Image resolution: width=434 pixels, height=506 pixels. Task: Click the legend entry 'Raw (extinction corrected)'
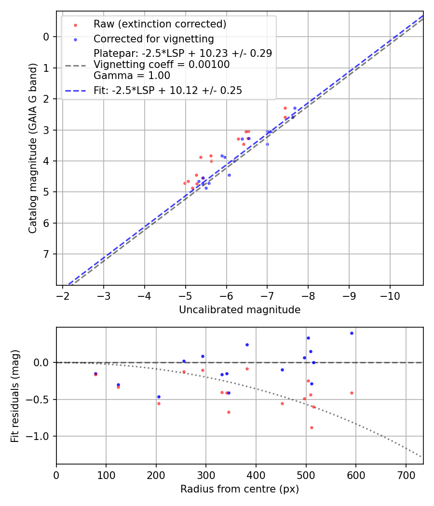click(x=160, y=24)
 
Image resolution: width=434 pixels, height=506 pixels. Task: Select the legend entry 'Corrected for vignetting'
click(x=153, y=39)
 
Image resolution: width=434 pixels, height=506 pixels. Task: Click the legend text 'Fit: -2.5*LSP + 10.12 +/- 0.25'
click(x=167, y=90)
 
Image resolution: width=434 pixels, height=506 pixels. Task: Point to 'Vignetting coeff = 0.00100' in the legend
click(x=161, y=64)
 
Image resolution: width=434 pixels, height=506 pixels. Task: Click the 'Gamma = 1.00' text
click(x=132, y=75)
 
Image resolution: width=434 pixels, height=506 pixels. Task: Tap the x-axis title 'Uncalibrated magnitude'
click(x=240, y=310)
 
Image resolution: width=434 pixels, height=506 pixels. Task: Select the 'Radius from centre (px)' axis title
click(x=240, y=489)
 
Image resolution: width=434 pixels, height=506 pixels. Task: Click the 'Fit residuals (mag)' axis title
click(x=15, y=395)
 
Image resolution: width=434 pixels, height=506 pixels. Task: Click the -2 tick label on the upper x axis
click(x=63, y=296)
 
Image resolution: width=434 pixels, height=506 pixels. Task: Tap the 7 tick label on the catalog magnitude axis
click(x=46, y=254)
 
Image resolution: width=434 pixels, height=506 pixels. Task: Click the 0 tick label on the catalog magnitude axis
click(x=46, y=37)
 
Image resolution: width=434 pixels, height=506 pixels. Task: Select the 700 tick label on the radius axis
click(x=406, y=475)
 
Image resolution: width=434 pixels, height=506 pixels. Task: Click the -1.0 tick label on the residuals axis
click(x=41, y=436)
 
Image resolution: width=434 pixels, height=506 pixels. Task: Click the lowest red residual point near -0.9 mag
click(x=312, y=427)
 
